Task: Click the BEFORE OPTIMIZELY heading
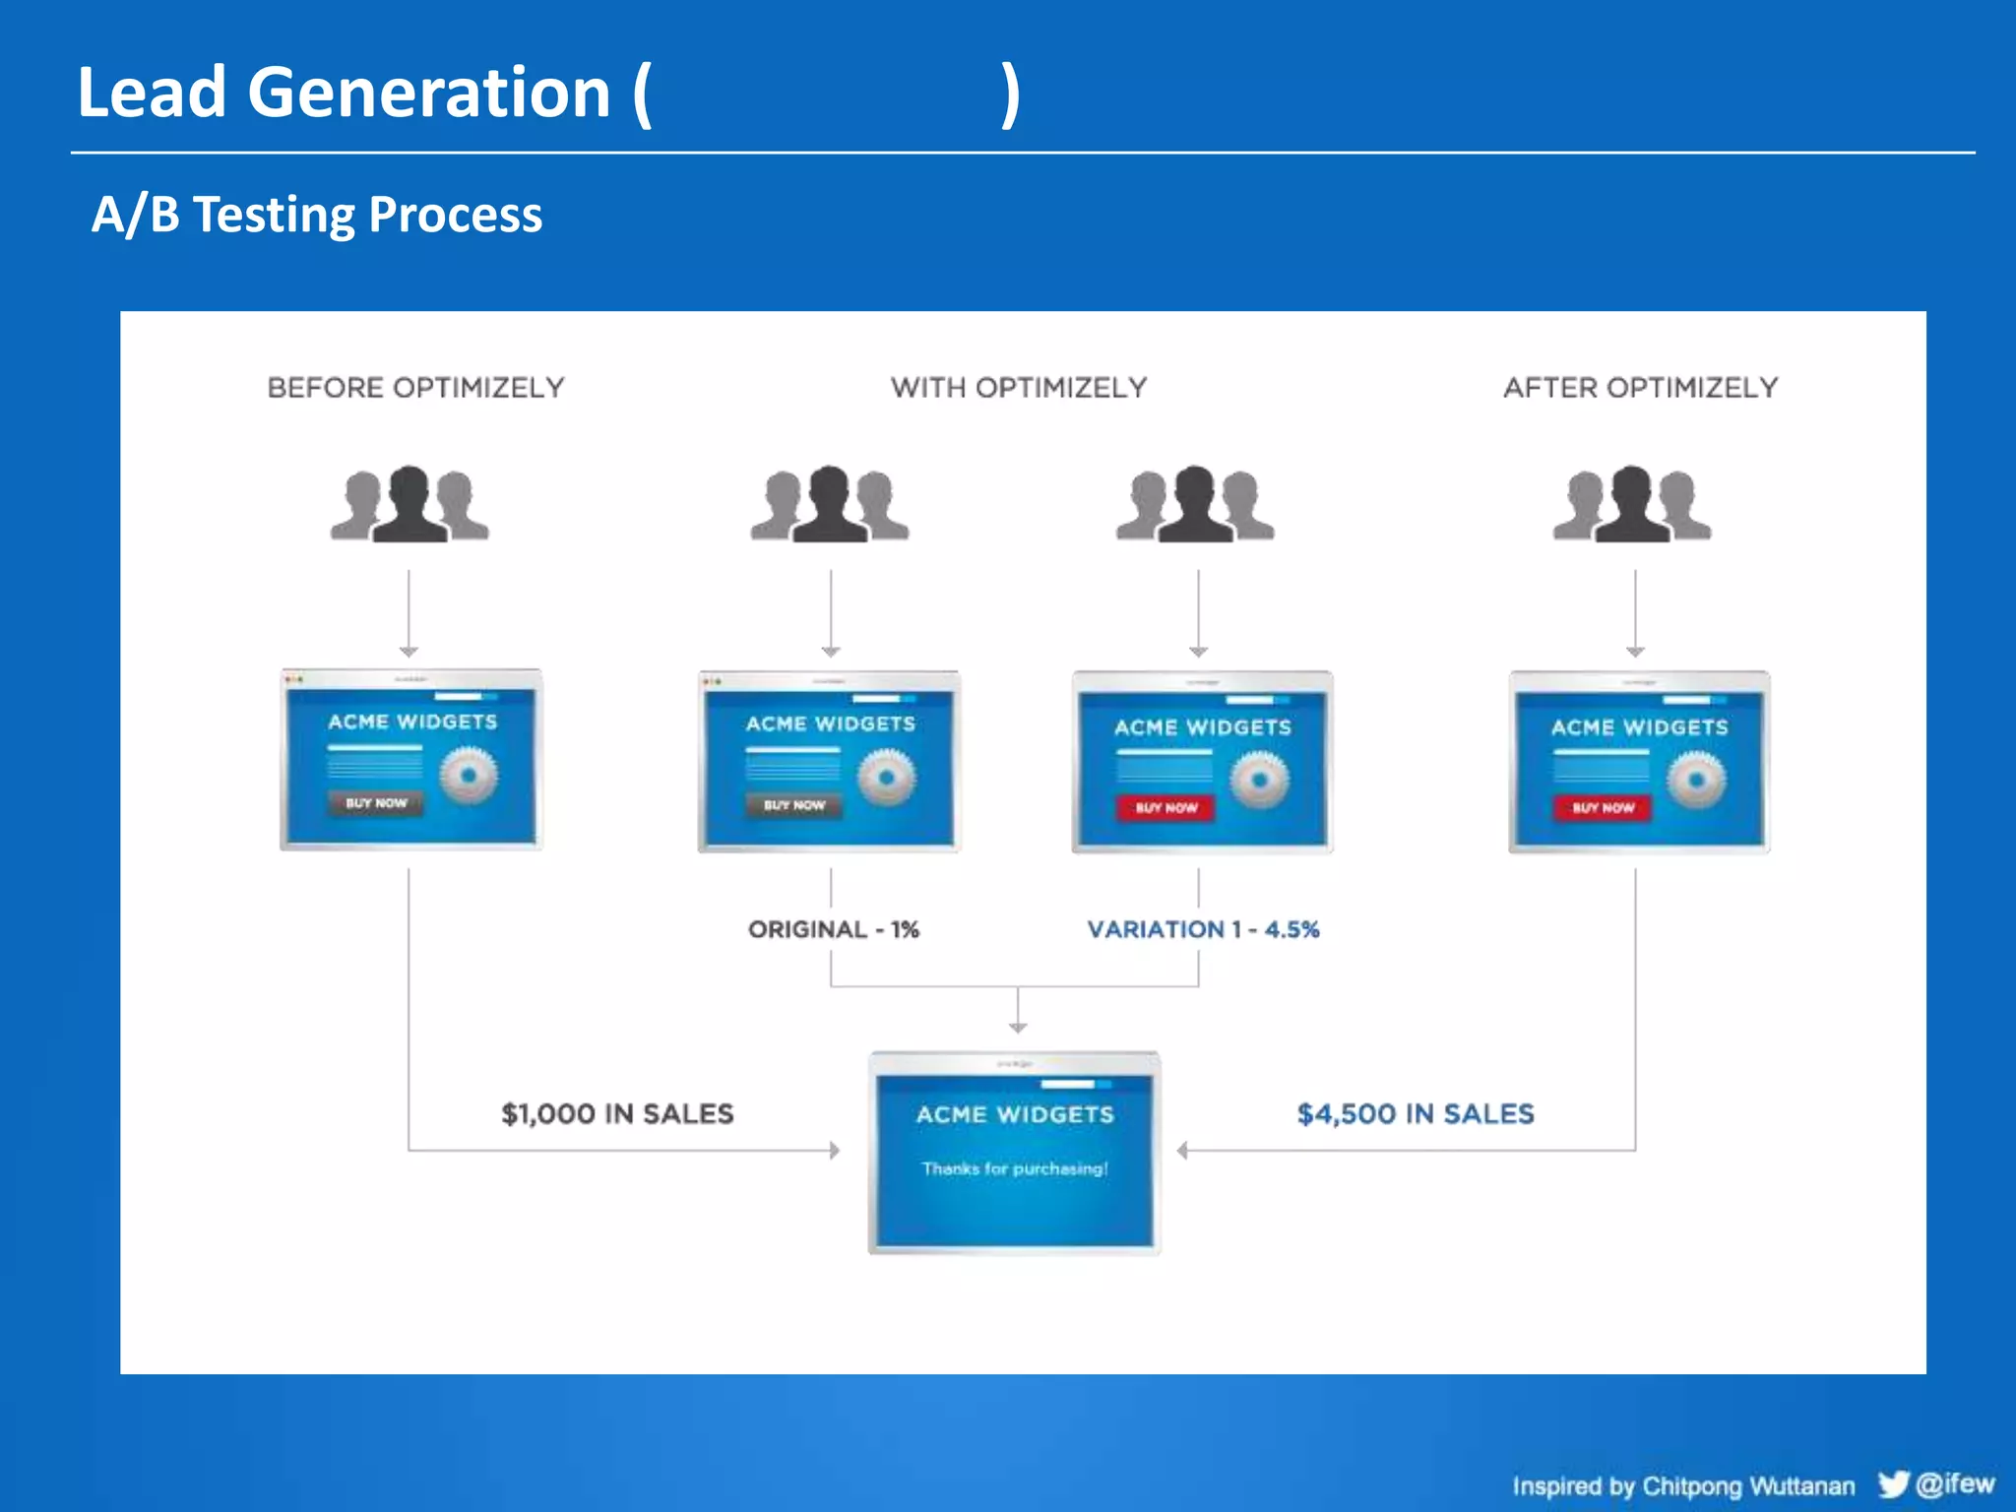(415, 388)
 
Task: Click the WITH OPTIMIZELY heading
(1019, 388)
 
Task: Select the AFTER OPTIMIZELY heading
(1640, 388)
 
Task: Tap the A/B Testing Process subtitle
(316, 215)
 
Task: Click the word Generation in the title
(429, 93)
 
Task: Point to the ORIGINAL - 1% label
(833, 929)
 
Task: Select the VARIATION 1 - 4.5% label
(1203, 929)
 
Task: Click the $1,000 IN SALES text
(617, 1113)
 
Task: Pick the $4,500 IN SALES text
(1415, 1113)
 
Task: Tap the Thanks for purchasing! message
(1014, 1168)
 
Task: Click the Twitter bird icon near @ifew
(1892, 1483)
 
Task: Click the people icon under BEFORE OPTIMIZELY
(409, 504)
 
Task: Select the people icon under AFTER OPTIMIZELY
(1632, 504)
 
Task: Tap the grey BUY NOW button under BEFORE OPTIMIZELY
(375, 803)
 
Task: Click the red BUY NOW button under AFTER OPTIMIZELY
(1603, 808)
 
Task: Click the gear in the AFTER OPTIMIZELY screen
(1695, 780)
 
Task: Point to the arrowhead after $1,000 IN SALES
(835, 1150)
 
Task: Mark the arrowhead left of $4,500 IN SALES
(1183, 1150)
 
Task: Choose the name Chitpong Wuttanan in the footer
(1748, 1485)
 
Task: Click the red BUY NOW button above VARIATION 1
(1165, 808)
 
